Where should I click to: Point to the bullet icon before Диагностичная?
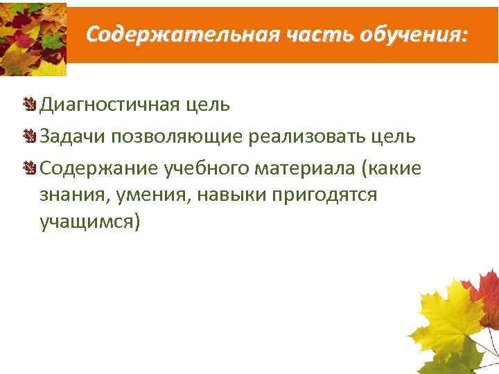tap(30, 105)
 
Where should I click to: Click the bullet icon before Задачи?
tap(30, 136)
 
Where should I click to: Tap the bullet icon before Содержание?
tap(30, 167)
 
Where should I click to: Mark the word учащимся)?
tap(90, 222)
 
